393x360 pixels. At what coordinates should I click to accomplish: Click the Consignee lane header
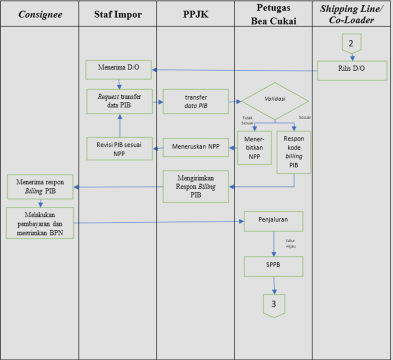point(40,14)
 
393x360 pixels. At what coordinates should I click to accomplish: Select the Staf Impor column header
point(118,14)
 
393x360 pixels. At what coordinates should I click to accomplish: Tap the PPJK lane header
point(195,14)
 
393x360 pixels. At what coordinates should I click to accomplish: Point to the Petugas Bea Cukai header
point(273,14)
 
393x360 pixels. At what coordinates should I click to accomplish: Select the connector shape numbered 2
point(351,43)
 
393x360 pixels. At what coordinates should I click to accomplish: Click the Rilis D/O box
point(352,70)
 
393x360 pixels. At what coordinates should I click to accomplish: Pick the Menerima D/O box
point(118,70)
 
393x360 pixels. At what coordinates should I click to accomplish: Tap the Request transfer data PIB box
point(119,101)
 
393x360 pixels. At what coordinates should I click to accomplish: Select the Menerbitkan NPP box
point(254,146)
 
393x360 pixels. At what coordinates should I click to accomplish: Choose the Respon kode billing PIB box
point(293,152)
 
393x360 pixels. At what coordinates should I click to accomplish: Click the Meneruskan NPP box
point(195,147)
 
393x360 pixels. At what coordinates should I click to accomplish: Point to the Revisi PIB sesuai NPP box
point(119,148)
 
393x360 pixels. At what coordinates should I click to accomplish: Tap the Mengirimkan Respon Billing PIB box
point(195,186)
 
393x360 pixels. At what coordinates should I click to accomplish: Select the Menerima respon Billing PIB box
point(40,187)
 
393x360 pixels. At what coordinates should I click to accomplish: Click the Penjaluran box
point(273,220)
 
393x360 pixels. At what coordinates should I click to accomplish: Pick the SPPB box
point(273,266)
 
